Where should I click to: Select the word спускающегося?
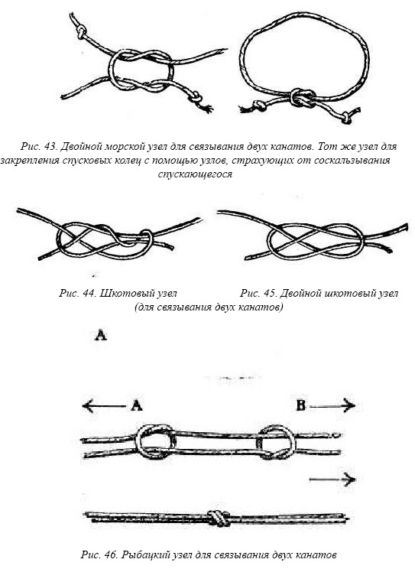point(195,174)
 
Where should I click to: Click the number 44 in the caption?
point(89,293)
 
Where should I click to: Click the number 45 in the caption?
point(270,293)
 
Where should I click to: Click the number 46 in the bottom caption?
point(112,555)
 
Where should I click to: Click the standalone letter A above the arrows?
point(100,335)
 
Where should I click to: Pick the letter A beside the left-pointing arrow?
point(136,405)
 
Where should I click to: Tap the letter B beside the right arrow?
point(300,405)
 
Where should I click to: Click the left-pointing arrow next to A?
point(105,405)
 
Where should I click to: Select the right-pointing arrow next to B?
point(332,405)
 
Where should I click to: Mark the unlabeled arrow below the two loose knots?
point(332,480)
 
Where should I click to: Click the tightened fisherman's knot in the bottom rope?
point(218,518)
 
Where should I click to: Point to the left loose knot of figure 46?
point(155,442)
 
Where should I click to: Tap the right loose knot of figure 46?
point(276,442)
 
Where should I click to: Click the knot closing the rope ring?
point(302,97)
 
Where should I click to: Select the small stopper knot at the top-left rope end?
point(81,31)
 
